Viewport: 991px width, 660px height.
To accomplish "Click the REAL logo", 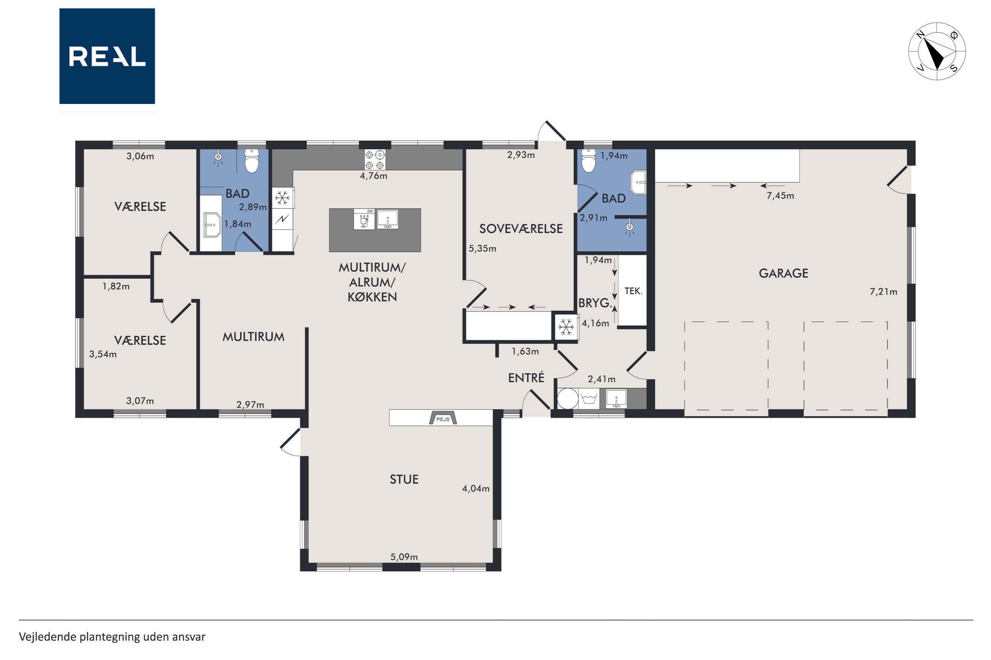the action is tap(107, 56).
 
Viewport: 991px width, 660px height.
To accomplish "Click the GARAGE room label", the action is tap(783, 273).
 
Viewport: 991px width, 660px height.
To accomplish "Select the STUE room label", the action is tap(404, 479).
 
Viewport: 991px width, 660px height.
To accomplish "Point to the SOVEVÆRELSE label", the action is tap(521, 229).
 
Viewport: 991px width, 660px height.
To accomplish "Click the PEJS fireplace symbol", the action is tap(443, 418).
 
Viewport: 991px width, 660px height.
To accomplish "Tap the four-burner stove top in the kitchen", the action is tap(375, 160).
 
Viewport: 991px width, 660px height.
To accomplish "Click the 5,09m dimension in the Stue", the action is tap(404, 557).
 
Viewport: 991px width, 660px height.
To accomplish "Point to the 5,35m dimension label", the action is tap(482, 248).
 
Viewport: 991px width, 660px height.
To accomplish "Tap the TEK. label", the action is tap(633, 291).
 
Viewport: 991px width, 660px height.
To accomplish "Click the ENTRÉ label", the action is tap(526, 377).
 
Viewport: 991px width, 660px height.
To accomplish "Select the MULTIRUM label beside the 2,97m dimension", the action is tap(253, 337).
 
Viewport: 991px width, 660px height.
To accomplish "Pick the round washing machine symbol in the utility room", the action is tap(568, 399).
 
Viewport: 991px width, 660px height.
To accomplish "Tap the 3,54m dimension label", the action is tap(103, 354).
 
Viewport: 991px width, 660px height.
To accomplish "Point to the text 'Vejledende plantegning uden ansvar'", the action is tap(112, 637).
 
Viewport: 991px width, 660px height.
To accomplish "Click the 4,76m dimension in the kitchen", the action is tap(373, 176).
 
